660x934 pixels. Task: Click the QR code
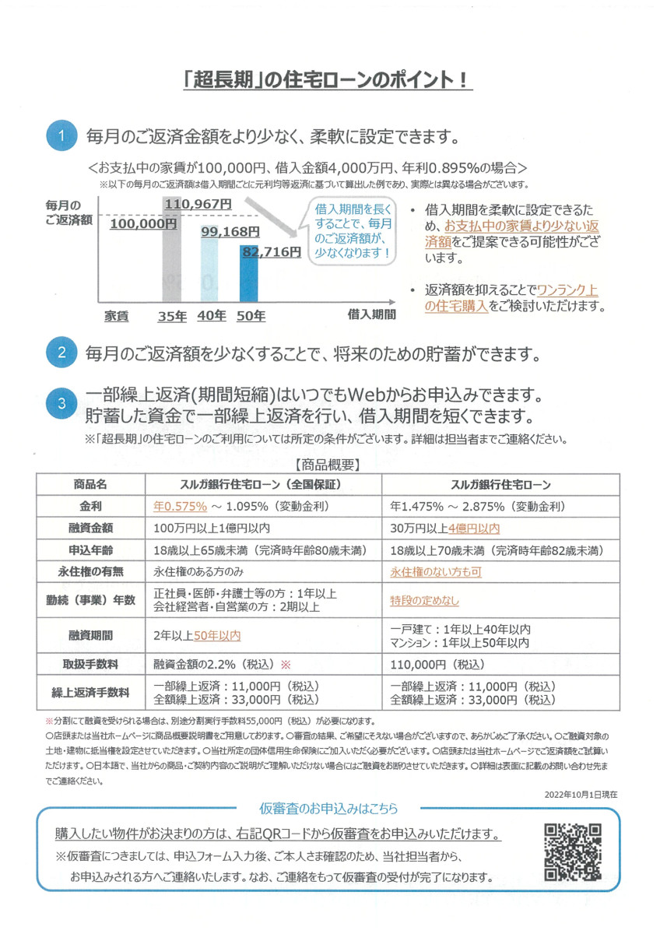572,851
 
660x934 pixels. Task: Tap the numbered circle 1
62,137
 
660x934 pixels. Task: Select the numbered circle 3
62,403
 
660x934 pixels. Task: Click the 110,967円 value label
198,203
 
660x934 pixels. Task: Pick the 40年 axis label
212,316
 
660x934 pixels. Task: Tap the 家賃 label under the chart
117,316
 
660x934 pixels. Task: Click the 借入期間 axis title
371,314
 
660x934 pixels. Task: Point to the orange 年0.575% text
181,506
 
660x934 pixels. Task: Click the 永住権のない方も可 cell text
436,571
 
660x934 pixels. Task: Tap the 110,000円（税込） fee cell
437,665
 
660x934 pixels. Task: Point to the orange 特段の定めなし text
424,601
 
